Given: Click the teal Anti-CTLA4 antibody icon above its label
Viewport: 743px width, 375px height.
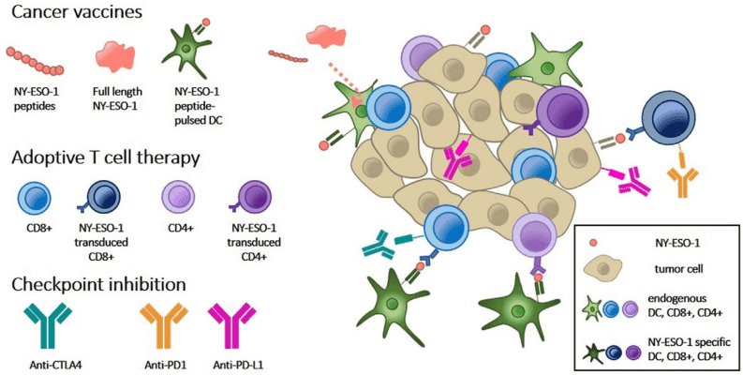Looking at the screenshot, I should [48, 323].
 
